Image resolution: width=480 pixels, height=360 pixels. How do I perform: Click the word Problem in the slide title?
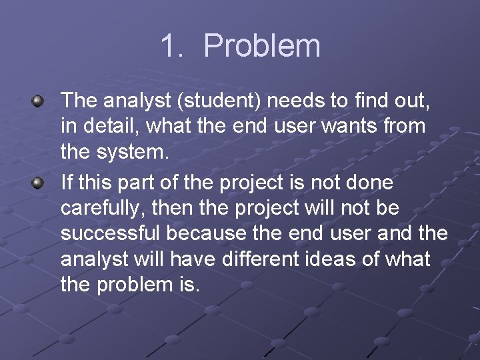pos(261,47)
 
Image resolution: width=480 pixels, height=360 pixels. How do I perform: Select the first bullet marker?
pos(39,101)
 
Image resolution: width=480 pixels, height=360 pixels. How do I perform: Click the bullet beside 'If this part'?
pos(39,181)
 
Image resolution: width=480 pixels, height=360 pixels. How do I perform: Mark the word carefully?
pos(103,208)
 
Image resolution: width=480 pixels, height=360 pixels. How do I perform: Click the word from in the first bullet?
pos(402,126)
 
